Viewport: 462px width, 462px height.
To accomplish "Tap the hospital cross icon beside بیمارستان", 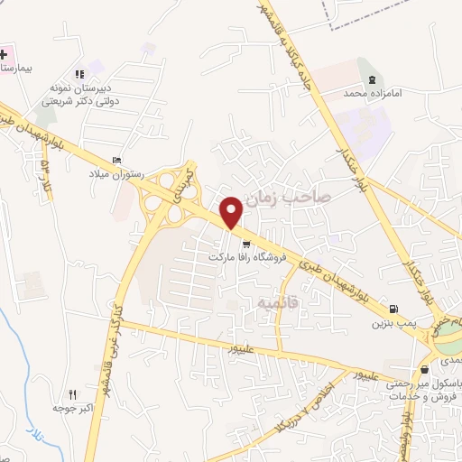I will coord(4,53).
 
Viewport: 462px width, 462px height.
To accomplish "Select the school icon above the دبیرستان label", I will coord(80,74).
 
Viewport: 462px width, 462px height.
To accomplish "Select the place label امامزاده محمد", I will coord(366,94).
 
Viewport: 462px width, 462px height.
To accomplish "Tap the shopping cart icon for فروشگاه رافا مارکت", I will coord(246,244).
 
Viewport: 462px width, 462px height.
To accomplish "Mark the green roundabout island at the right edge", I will coord(448,342).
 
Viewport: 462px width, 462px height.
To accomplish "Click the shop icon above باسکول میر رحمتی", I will coord(424,369).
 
